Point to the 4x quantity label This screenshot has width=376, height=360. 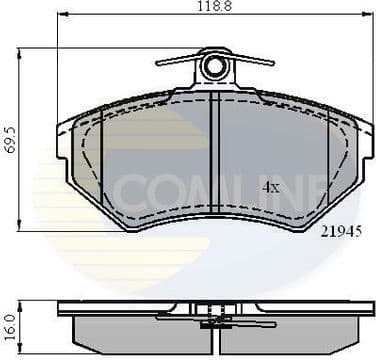(270, 187)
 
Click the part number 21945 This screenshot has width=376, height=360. (339, 231)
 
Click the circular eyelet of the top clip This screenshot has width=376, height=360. (214, 67)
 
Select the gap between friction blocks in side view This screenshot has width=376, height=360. (213, 330)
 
